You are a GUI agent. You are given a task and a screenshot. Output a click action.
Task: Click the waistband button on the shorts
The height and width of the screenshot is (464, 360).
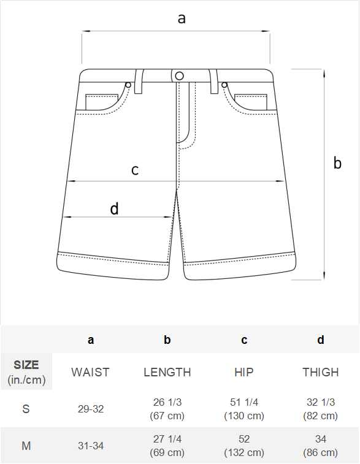coord(179,76)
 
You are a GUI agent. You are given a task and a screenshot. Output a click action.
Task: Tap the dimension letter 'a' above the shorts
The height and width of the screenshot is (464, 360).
coord(182,18)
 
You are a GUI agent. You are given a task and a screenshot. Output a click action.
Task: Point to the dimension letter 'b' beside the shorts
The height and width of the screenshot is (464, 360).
coord(337,163)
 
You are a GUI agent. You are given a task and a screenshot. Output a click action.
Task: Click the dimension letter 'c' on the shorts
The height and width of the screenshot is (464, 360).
coord(135,170)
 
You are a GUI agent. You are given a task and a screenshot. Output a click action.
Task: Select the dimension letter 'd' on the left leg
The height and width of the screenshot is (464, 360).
coord(114,208)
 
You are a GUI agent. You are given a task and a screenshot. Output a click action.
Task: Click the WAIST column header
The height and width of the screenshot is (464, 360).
coord(90,372)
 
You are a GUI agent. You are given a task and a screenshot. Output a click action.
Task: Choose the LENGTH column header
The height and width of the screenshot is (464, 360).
coord(167,372)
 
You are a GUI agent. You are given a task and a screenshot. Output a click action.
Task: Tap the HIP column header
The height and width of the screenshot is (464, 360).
coord(244,372)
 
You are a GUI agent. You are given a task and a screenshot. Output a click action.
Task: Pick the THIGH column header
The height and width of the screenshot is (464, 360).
coord(321,372)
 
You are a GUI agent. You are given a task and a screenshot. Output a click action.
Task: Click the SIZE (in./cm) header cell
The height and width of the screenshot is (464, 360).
coord(26,372)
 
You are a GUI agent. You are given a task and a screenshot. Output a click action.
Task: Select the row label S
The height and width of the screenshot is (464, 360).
coord(26,409)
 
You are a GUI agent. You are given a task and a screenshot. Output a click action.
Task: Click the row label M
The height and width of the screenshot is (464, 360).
coord(26,446)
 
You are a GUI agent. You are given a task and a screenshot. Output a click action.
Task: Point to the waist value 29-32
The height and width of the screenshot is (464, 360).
coord(91,409)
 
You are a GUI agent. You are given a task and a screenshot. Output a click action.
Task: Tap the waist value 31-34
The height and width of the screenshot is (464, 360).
coord(91,446)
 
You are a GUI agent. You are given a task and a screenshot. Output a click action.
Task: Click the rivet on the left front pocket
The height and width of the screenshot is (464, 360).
coord(128,85)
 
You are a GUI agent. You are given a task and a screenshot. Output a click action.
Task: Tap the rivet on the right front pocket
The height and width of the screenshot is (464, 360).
coord(224,85)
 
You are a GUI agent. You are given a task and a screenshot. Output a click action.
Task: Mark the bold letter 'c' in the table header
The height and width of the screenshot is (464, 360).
coord(244,340)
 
